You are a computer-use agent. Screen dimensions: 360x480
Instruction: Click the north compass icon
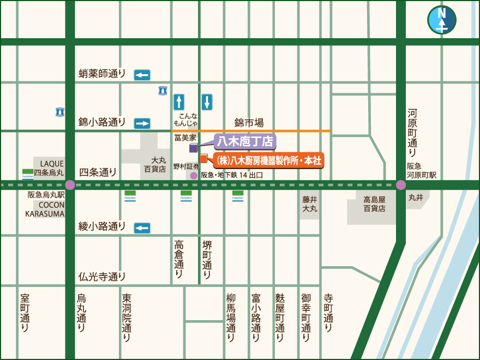coord(442,20)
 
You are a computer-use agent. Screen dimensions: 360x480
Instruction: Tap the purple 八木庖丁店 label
coord(245,142)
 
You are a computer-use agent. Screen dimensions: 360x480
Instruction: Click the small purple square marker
coord(193,148)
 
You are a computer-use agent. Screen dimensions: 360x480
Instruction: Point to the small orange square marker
coord(203,159)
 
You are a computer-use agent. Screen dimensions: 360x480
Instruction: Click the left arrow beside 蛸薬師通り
coord(142,75)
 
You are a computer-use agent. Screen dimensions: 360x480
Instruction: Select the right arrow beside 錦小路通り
coord(142,123)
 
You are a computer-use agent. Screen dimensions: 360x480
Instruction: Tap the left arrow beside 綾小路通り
coord(142,227)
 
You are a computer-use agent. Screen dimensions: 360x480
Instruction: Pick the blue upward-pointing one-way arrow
coord(179,102)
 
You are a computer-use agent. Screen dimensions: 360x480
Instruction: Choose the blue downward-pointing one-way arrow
coord(207,102)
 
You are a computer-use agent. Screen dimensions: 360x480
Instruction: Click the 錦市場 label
coord(249,123)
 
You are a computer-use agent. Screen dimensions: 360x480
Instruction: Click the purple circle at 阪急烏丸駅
coord(70,185)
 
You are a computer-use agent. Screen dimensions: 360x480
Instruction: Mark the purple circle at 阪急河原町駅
coord(401,185)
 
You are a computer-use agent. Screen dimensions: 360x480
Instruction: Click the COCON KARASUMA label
coord(45,209)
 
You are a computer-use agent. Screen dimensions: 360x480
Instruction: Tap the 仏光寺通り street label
coord(102,277)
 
